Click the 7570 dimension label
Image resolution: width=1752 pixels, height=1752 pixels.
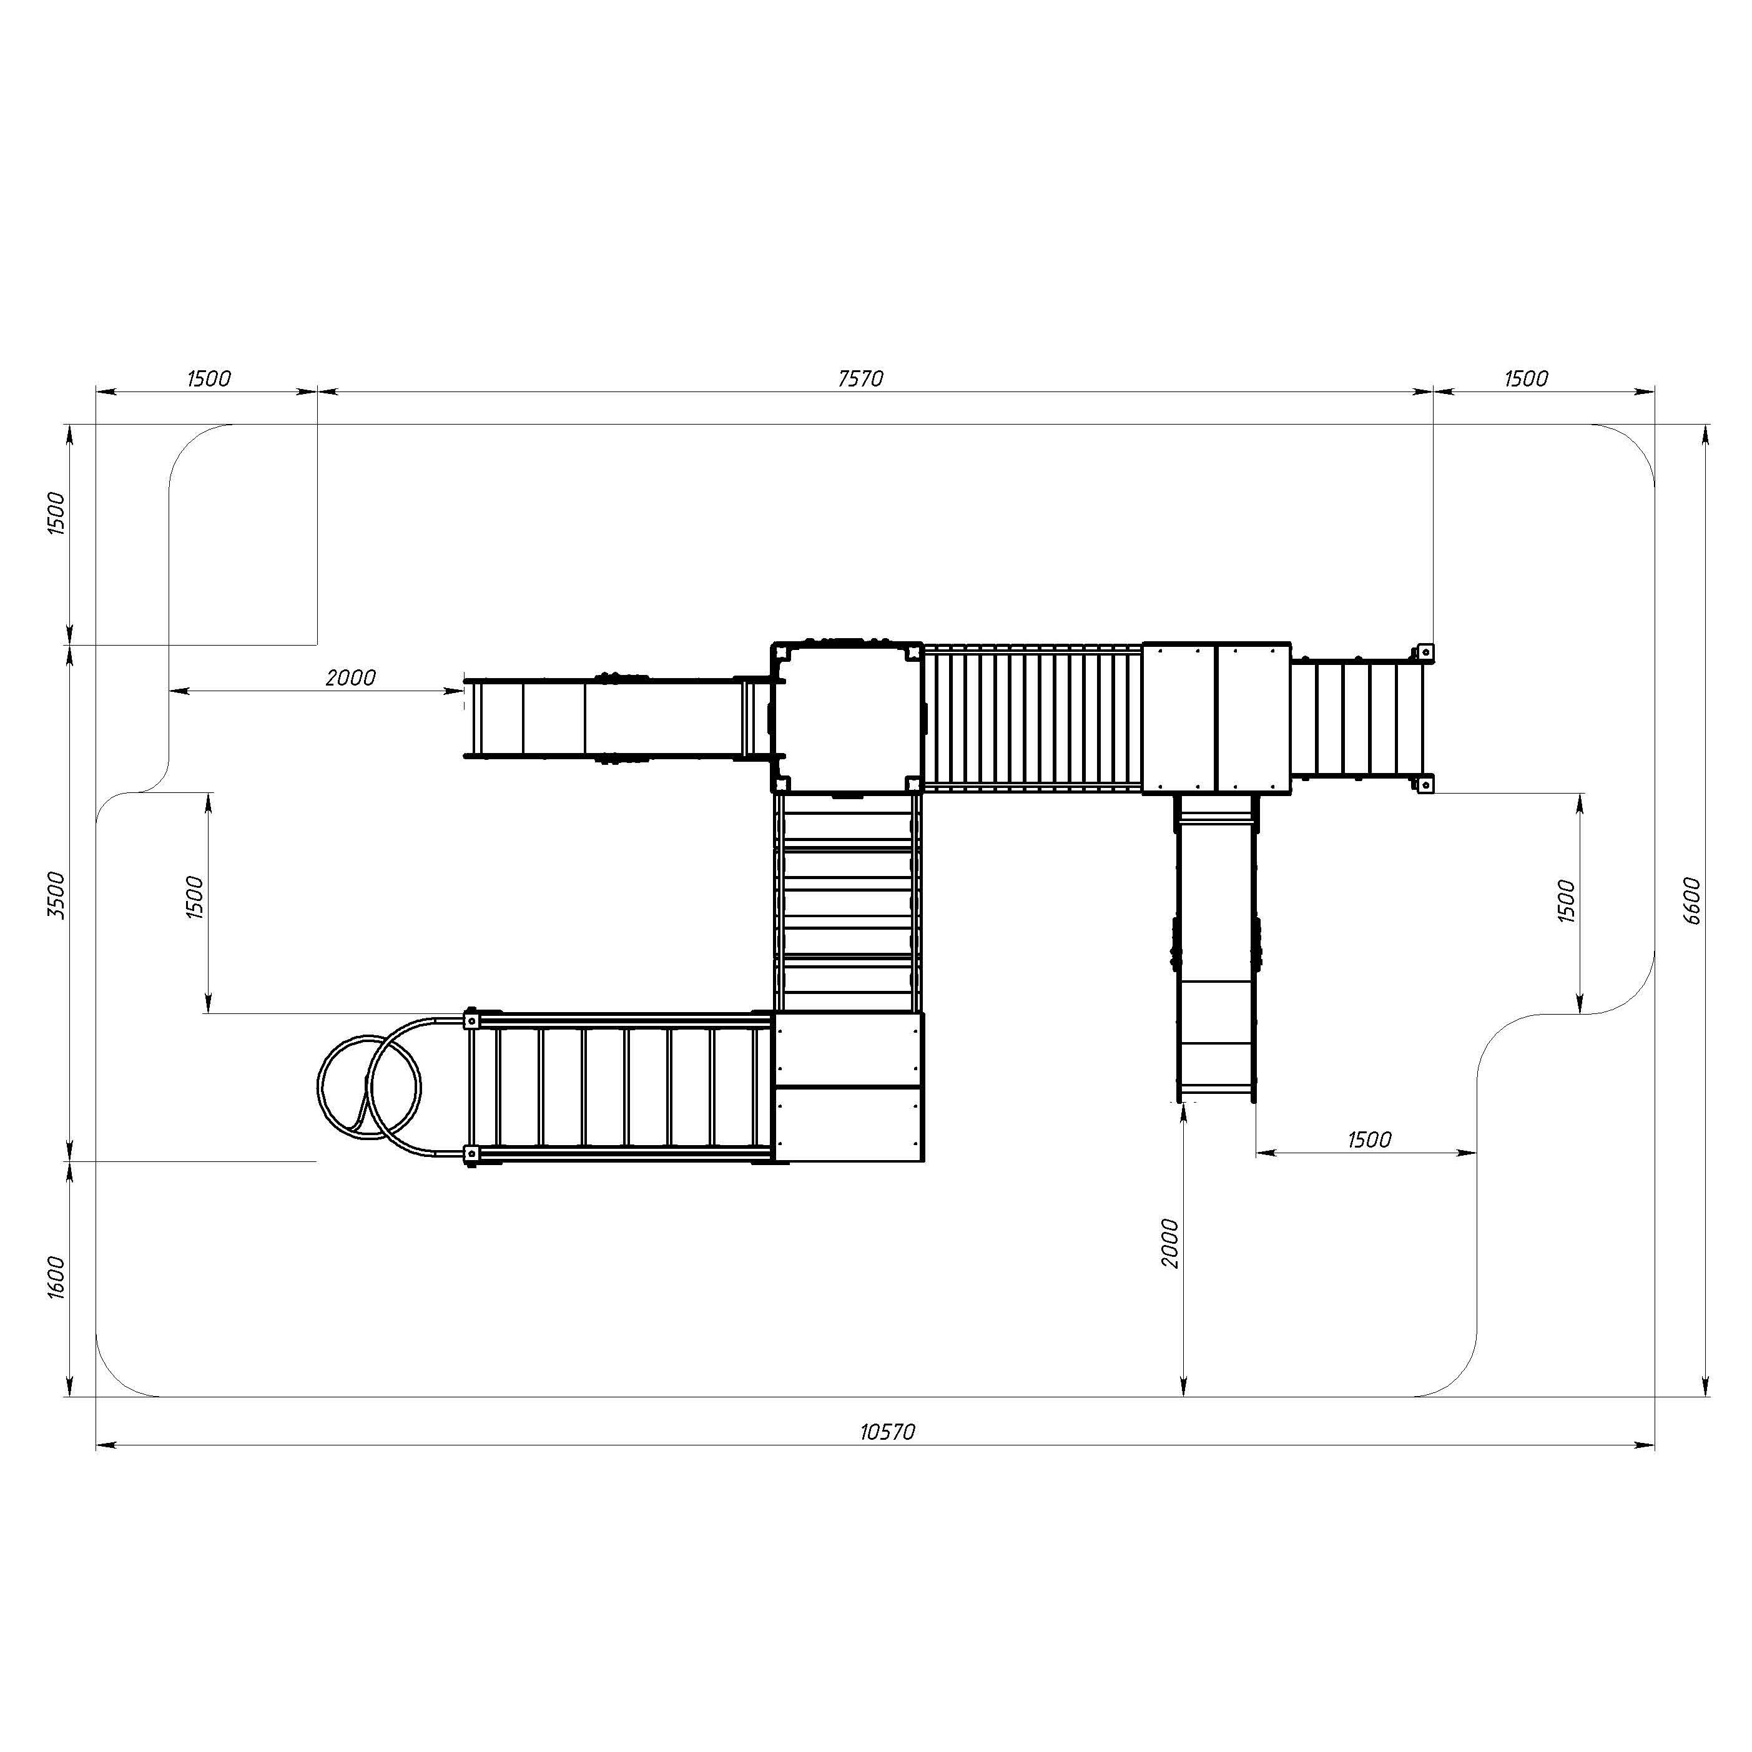point(860,378)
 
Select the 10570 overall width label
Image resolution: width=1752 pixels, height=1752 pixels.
point(888,1432)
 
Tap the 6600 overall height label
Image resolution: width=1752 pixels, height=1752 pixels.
point(1691,900)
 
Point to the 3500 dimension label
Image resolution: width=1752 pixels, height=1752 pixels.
point(56,895)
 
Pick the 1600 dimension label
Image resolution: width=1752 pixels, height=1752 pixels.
point(56,1277)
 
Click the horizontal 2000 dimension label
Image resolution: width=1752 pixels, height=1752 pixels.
point(350,677)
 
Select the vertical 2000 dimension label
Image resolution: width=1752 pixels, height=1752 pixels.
point(1170,1243)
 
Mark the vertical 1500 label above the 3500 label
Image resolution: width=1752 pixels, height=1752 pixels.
point(56,513)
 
